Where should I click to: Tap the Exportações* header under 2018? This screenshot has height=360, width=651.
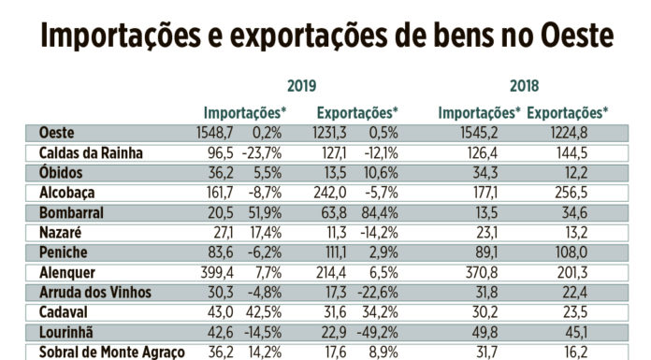[x=567, y=113]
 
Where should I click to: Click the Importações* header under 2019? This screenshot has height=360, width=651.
[x=245, y=113]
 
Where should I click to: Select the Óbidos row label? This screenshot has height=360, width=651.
[x=61, y=173]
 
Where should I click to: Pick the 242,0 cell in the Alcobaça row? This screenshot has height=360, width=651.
[x=329, y=194]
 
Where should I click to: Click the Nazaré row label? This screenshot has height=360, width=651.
[x=61, y=233]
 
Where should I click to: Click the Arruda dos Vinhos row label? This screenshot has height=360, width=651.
[x=94, y=293]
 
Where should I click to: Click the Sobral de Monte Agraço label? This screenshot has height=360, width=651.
[x=112, y=353]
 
